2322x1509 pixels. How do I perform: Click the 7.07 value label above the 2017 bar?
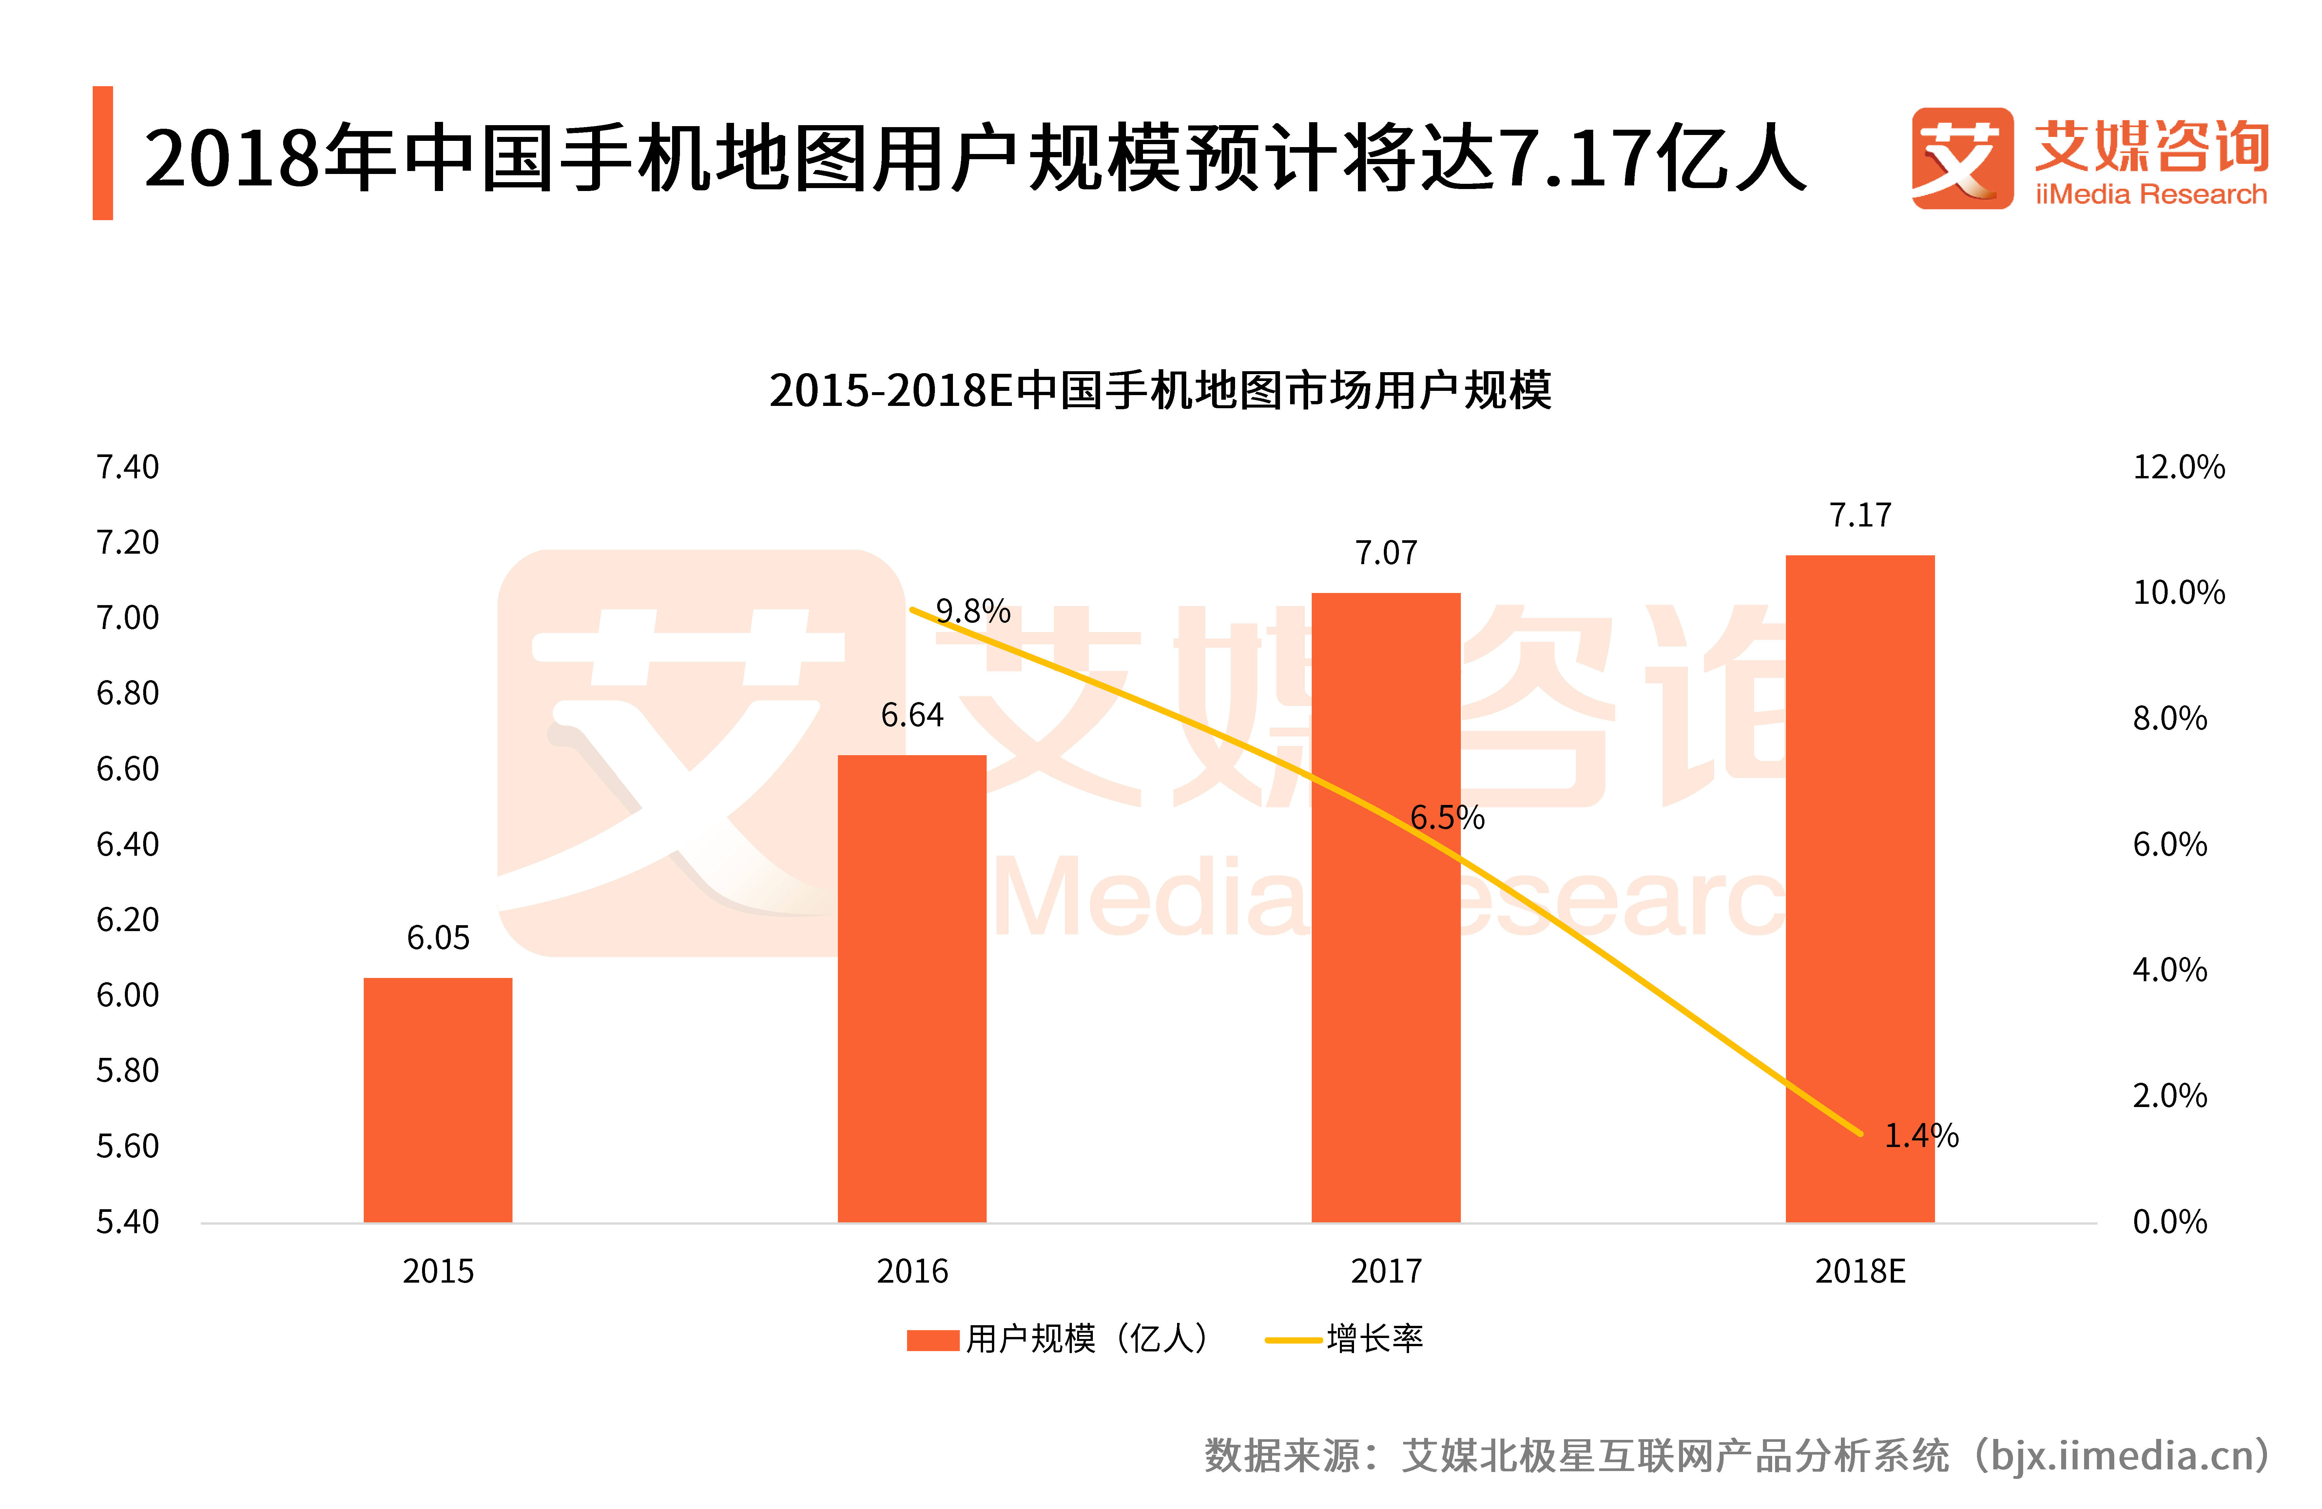point(1385,553)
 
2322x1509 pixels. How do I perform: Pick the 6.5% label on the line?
point(1447,817)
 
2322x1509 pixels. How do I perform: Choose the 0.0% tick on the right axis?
point(2169,1221)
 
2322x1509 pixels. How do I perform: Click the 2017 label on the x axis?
point(1385,1271)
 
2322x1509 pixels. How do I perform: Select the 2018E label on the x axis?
point(1860,1271)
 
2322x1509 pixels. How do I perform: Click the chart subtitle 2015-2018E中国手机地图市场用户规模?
point(1160,390)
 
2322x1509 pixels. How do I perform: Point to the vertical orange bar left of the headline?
point(103,153)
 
